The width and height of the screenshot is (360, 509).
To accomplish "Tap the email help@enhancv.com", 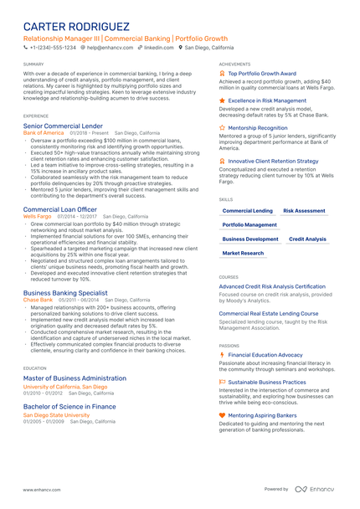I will click(x=108, y=48).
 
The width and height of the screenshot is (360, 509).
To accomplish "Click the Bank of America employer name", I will click(x=43, y=132).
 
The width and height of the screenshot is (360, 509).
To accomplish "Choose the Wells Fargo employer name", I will click(x=37, y=216).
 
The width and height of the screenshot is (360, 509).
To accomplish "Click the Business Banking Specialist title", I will click(x=65, y=293).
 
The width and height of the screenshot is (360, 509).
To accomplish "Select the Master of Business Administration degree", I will click(x=75, y=378).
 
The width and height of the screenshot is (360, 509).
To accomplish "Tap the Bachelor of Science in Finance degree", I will click(x=69, y=406).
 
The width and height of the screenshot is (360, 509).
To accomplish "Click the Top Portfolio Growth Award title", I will click(x=262, y=73).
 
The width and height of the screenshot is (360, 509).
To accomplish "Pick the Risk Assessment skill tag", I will click(x=304, y=211).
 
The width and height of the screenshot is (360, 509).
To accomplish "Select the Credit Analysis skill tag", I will click(x=307, y=239).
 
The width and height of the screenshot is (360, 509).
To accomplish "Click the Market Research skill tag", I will click(x=243, y=253).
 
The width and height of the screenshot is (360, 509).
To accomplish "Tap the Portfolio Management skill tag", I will click(x=249, y=225).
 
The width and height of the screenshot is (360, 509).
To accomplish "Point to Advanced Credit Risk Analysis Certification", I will click(x=272, y=285).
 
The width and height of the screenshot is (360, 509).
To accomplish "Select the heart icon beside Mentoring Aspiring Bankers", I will click(x=222, y=414).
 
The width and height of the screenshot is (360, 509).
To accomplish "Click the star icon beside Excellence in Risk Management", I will click(x=222, y=100).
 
